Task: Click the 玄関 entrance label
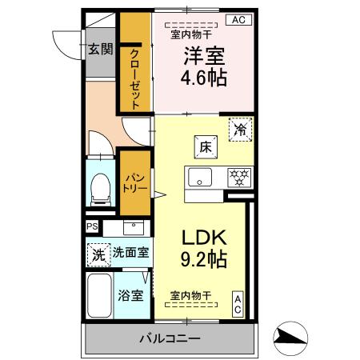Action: tap(100, 49)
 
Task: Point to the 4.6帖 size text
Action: tap(206, 78)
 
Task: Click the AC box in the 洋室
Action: tap(239, 21)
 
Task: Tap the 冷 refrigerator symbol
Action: tap(240, 129)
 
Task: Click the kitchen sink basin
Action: tap(199, 176)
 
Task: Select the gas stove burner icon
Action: tap(238, 176)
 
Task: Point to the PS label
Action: tap(92, 226)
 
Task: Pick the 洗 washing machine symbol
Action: tap(97, 256)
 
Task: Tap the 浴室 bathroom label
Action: tap(132, 294)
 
